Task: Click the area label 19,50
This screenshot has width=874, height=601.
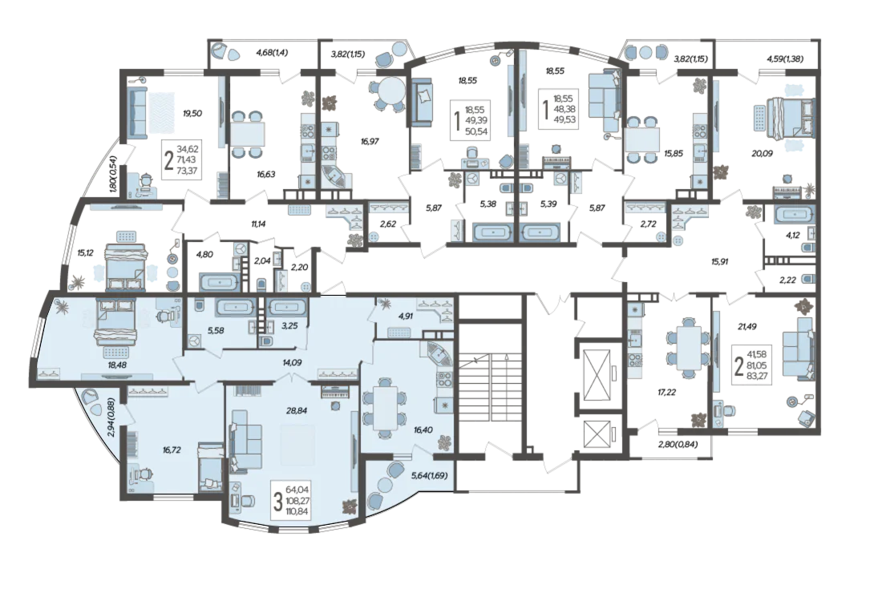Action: [x=192, y=113]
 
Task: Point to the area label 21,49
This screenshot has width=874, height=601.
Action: [x=747, y=327]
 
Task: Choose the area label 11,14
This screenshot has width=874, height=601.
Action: [x=258, y=224]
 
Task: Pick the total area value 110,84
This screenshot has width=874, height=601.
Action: [x=297, y=510]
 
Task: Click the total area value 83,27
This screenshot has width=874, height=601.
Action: [x=759, y=375]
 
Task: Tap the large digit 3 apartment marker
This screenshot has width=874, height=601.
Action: [x=277, y=500]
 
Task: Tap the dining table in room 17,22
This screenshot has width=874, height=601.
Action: [x=685, y=348]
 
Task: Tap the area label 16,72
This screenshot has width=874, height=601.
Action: [x=172, y=449]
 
